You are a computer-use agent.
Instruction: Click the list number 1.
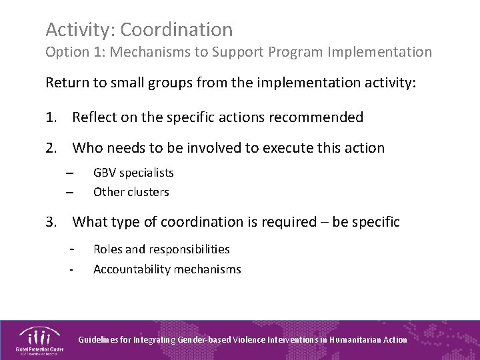[x=51, y=118]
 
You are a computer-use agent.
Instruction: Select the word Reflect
[x=95, y=118]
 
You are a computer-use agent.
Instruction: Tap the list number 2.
[x=51, y=148]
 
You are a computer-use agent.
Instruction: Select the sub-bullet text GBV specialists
[x=133, y=173]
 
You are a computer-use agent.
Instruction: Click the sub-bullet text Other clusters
[x=131, y=192]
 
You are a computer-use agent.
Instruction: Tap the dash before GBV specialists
[x=69, y=173]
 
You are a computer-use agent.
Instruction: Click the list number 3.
[x=51, y=222]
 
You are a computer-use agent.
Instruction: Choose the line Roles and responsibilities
[x=161, y=249]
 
